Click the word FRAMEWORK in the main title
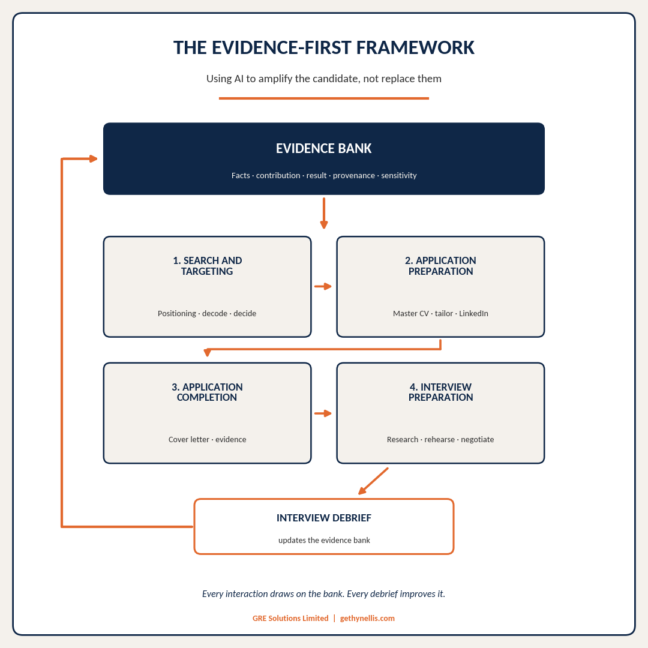coord(415,47)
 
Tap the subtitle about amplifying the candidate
coord(324,79)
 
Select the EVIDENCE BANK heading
coord(324,148)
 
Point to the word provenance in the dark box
coord(354,175)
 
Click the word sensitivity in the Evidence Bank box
coord(399,175)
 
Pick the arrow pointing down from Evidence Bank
coord(324,213)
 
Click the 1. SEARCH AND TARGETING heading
coord(207,266)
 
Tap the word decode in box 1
coord(214,313)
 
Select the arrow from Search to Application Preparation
coord(323,286)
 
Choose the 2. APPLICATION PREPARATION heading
coord(440,266)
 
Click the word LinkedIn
coord(473,313)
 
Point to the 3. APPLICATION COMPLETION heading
coord(207,392)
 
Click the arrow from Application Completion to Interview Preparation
coord(323,413)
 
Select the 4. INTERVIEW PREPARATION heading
coord(440,392)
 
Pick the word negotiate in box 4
coord(478,440)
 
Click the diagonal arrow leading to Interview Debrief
coord(373,481)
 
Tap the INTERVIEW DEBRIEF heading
coord(324,518)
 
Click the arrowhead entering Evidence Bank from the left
coord(94,158)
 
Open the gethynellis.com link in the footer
coord(367,618)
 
